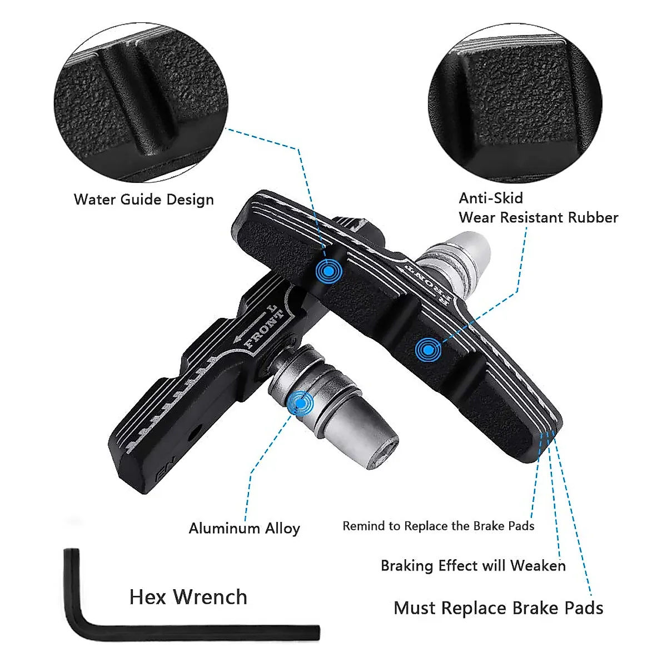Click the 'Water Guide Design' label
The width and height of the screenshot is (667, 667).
[x=143, y=200]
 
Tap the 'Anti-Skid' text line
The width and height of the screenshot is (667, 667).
[x=491, y=198]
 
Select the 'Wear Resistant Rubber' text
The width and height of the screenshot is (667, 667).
[x=538, y=217]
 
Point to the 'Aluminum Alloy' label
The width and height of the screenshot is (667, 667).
[x=244, y=528]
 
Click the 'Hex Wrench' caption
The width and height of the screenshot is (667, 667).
[x=188, y=597]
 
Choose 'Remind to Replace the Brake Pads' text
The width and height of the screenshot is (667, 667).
[x=438, y=526]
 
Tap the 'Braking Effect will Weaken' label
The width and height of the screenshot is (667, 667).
[x=473, y=566]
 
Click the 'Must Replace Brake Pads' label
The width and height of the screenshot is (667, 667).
[x=498, y=608]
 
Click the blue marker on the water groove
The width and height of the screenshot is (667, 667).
[x=328, y=271]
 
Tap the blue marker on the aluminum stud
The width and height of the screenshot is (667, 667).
[x=301, y=403]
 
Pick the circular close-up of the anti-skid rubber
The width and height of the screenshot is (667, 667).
[x=515, y=102]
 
